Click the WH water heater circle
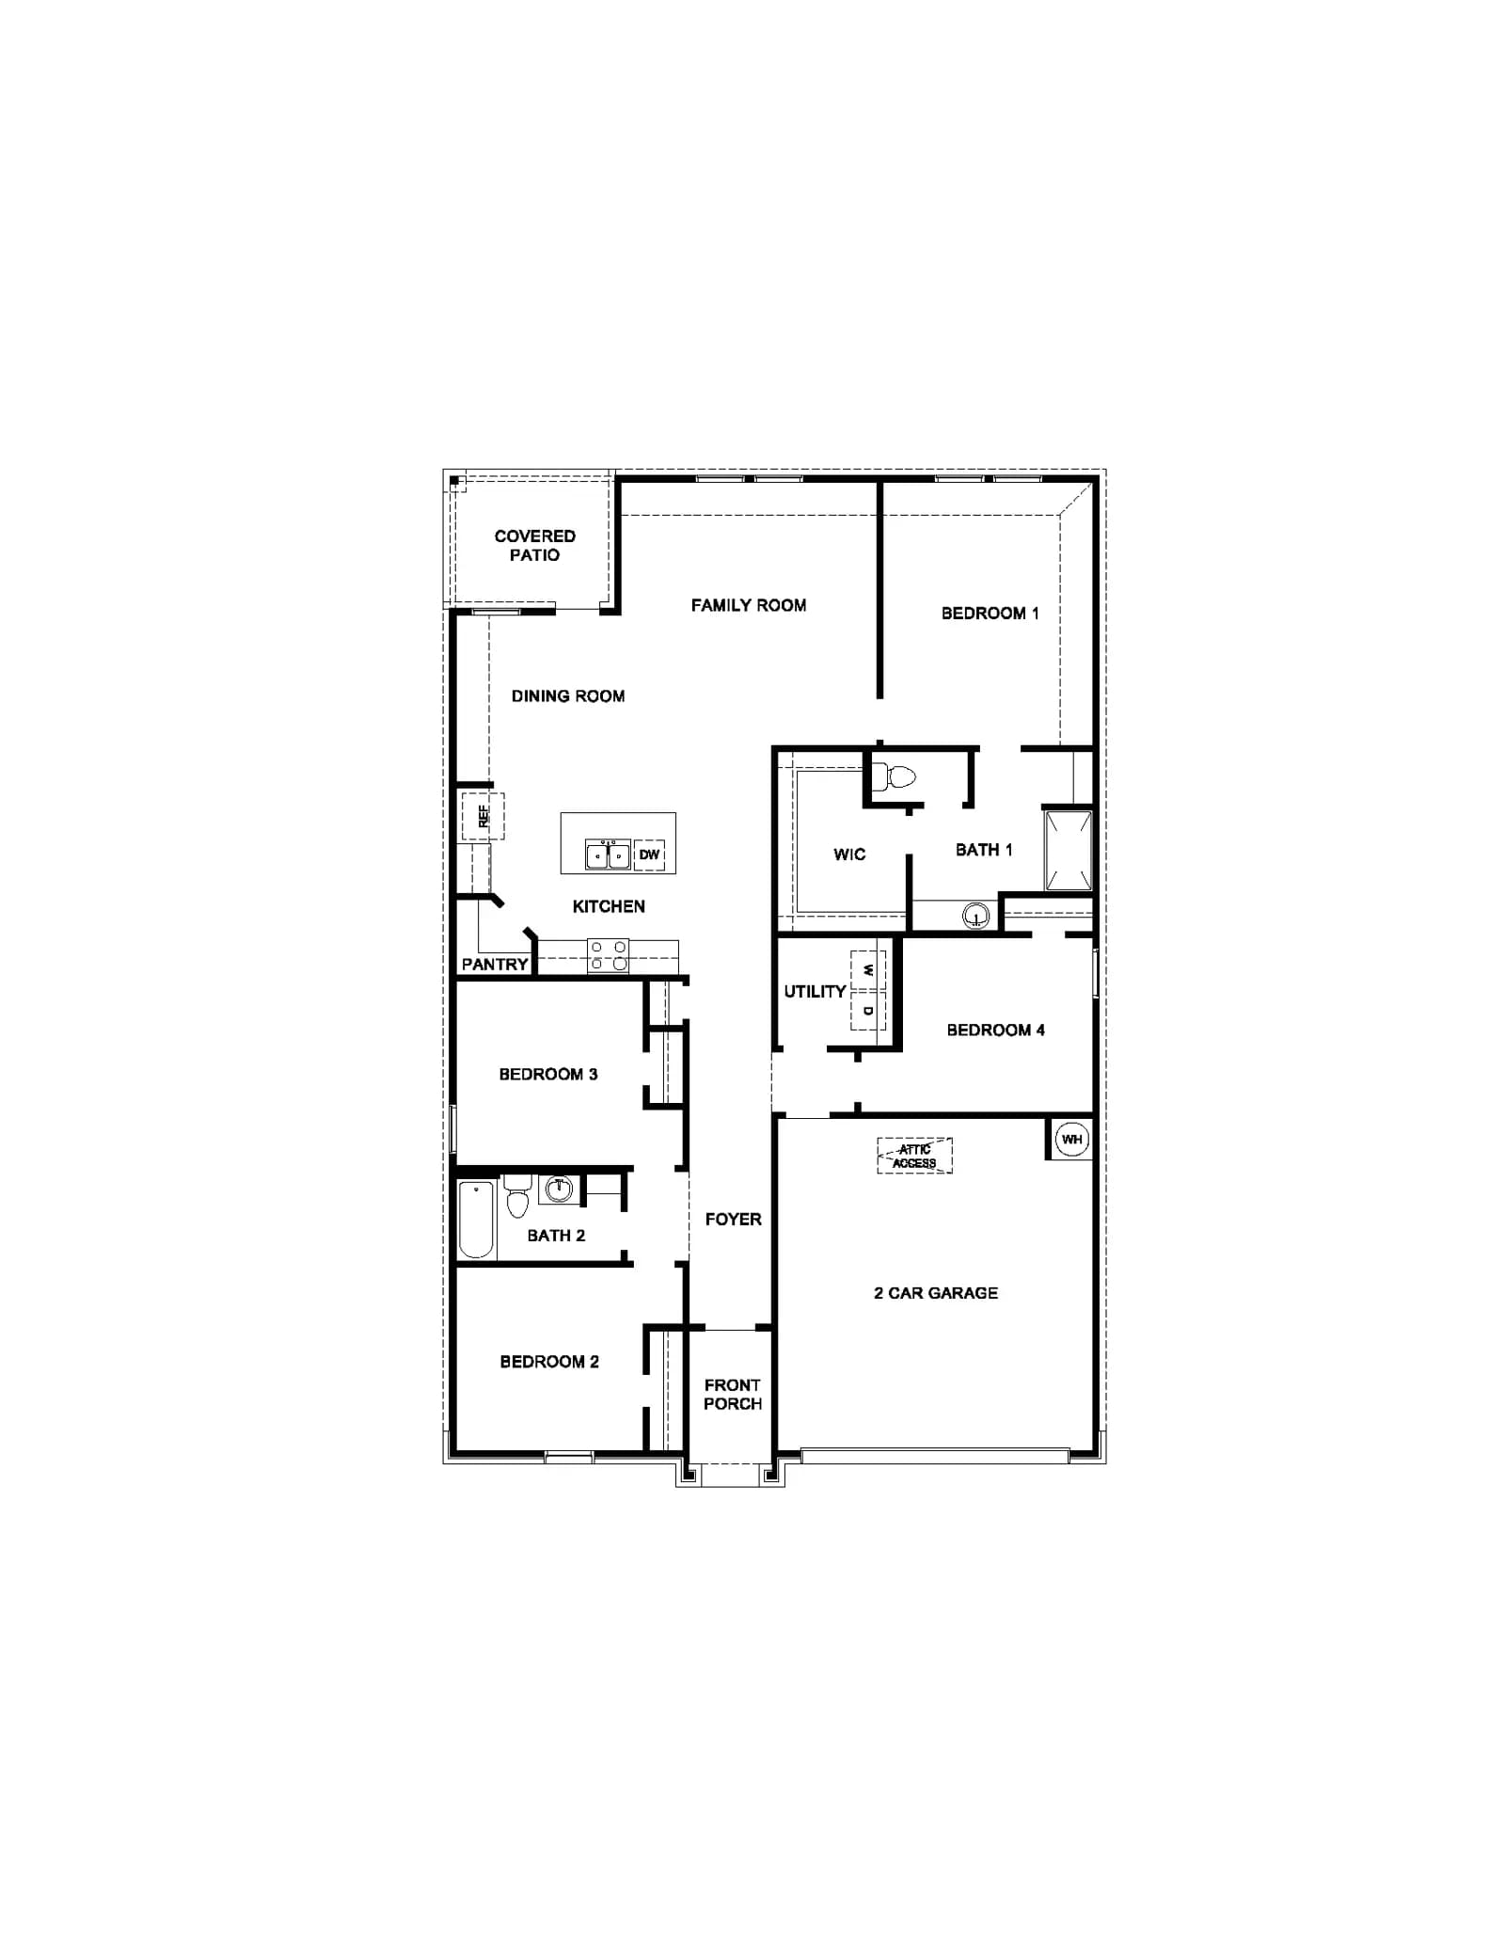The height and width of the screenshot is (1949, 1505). point(1071,1139)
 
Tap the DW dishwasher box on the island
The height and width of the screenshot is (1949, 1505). point(649,855)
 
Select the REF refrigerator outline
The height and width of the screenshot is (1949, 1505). point(483,815)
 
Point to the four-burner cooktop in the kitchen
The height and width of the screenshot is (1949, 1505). point(608,955)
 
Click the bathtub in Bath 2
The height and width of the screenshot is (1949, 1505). point(476,1220)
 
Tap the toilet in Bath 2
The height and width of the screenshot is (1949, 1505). point(517,1195)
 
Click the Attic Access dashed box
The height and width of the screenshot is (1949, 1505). point(914,1156)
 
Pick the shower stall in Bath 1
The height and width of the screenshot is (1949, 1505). point(1069,850)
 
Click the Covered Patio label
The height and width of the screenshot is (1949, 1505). point(535,545)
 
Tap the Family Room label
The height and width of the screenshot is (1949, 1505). point(749,605)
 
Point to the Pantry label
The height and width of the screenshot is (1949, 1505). point(495,964)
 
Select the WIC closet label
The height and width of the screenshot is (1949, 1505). point(849,855)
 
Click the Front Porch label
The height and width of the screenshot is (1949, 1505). point(733,1394)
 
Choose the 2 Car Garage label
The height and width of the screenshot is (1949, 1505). point(936,1293)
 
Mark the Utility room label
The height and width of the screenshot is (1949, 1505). point(815,991)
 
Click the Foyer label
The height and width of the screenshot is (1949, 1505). point(734,1219)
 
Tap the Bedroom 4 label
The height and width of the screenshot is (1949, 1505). point(996,1030)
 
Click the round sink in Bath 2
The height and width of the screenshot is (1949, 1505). point(559,1189)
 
